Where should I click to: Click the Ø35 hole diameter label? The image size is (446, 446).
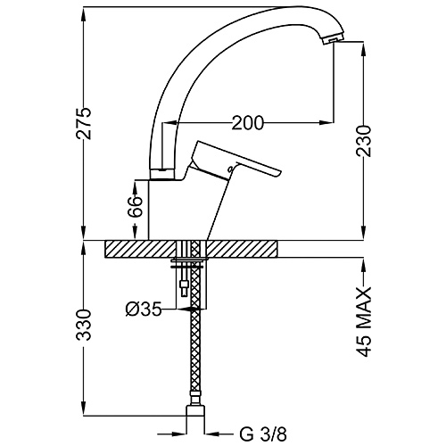[145, 310]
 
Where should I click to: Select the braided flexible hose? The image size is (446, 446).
[193, 357]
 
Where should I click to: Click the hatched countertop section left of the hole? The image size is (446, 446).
[141, 250]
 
